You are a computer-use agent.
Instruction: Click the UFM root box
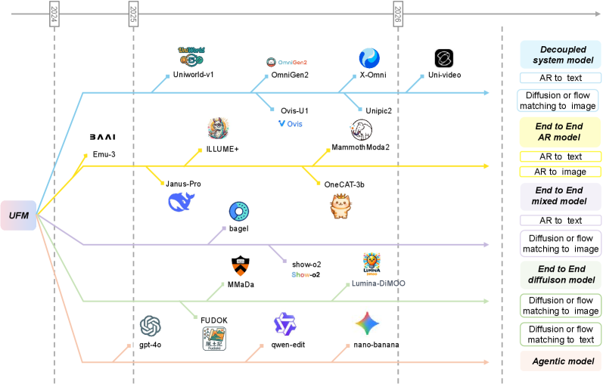(19, 216)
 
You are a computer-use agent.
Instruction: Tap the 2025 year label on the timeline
(133, 13)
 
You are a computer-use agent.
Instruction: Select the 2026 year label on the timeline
(398, 13)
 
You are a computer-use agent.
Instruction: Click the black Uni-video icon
(444, 58)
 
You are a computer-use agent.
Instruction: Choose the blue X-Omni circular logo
(369, 58)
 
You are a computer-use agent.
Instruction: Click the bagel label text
(239, 228)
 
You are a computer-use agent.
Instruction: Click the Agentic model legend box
(561, 362)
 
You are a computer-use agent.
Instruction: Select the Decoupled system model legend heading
(561, 54)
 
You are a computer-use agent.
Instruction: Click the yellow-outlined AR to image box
(561, 172)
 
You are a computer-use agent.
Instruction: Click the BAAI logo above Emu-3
(101, 137)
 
